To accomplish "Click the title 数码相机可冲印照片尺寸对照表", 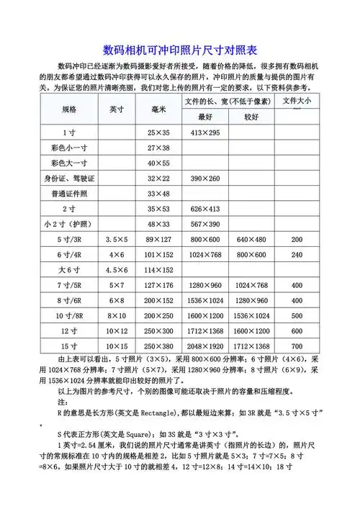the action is pos(180,52).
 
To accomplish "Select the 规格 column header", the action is pos(69,109).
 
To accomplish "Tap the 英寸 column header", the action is pos(117,109).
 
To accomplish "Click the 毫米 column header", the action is pos(159,109).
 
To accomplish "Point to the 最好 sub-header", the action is pos(205,117).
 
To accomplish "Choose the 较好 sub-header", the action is pos(251,117).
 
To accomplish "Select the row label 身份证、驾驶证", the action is pos(69,178).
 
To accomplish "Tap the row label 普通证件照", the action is pos(69,194).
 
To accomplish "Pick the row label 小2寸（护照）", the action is pos(69,224).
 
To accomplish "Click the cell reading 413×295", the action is pos(205,132).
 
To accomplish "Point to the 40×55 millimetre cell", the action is pos(158,163).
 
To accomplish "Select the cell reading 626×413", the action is pos(205,209).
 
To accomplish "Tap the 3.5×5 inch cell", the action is pos(117,239).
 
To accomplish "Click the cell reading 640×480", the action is pos(251,239).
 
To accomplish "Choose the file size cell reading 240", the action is pos(297,254).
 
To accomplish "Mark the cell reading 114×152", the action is pos(158,270).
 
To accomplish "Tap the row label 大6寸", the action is pos(69,270).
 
